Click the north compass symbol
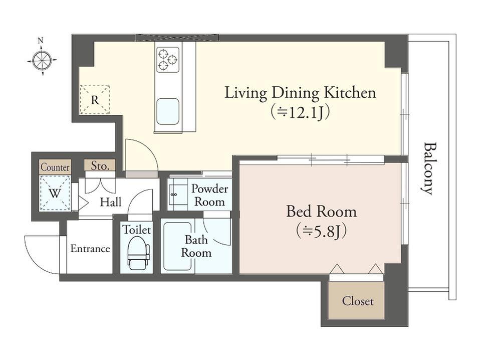click(42, 60)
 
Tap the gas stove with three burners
click(168, 60)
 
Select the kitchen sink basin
click(167, 111)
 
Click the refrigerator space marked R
click(95, 99)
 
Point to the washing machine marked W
click(55, 193)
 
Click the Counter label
click(55, 167)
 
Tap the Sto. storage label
click(100, 165)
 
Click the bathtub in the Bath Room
click(178, 247)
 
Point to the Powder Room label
click(209, 195)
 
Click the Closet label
click(358, 301)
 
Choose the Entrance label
click(90, 248)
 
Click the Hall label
click(111, 202)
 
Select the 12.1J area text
click(300, 112)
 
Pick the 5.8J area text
click(321, 232)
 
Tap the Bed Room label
click(321, 212)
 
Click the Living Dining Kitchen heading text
click(300, 93)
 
